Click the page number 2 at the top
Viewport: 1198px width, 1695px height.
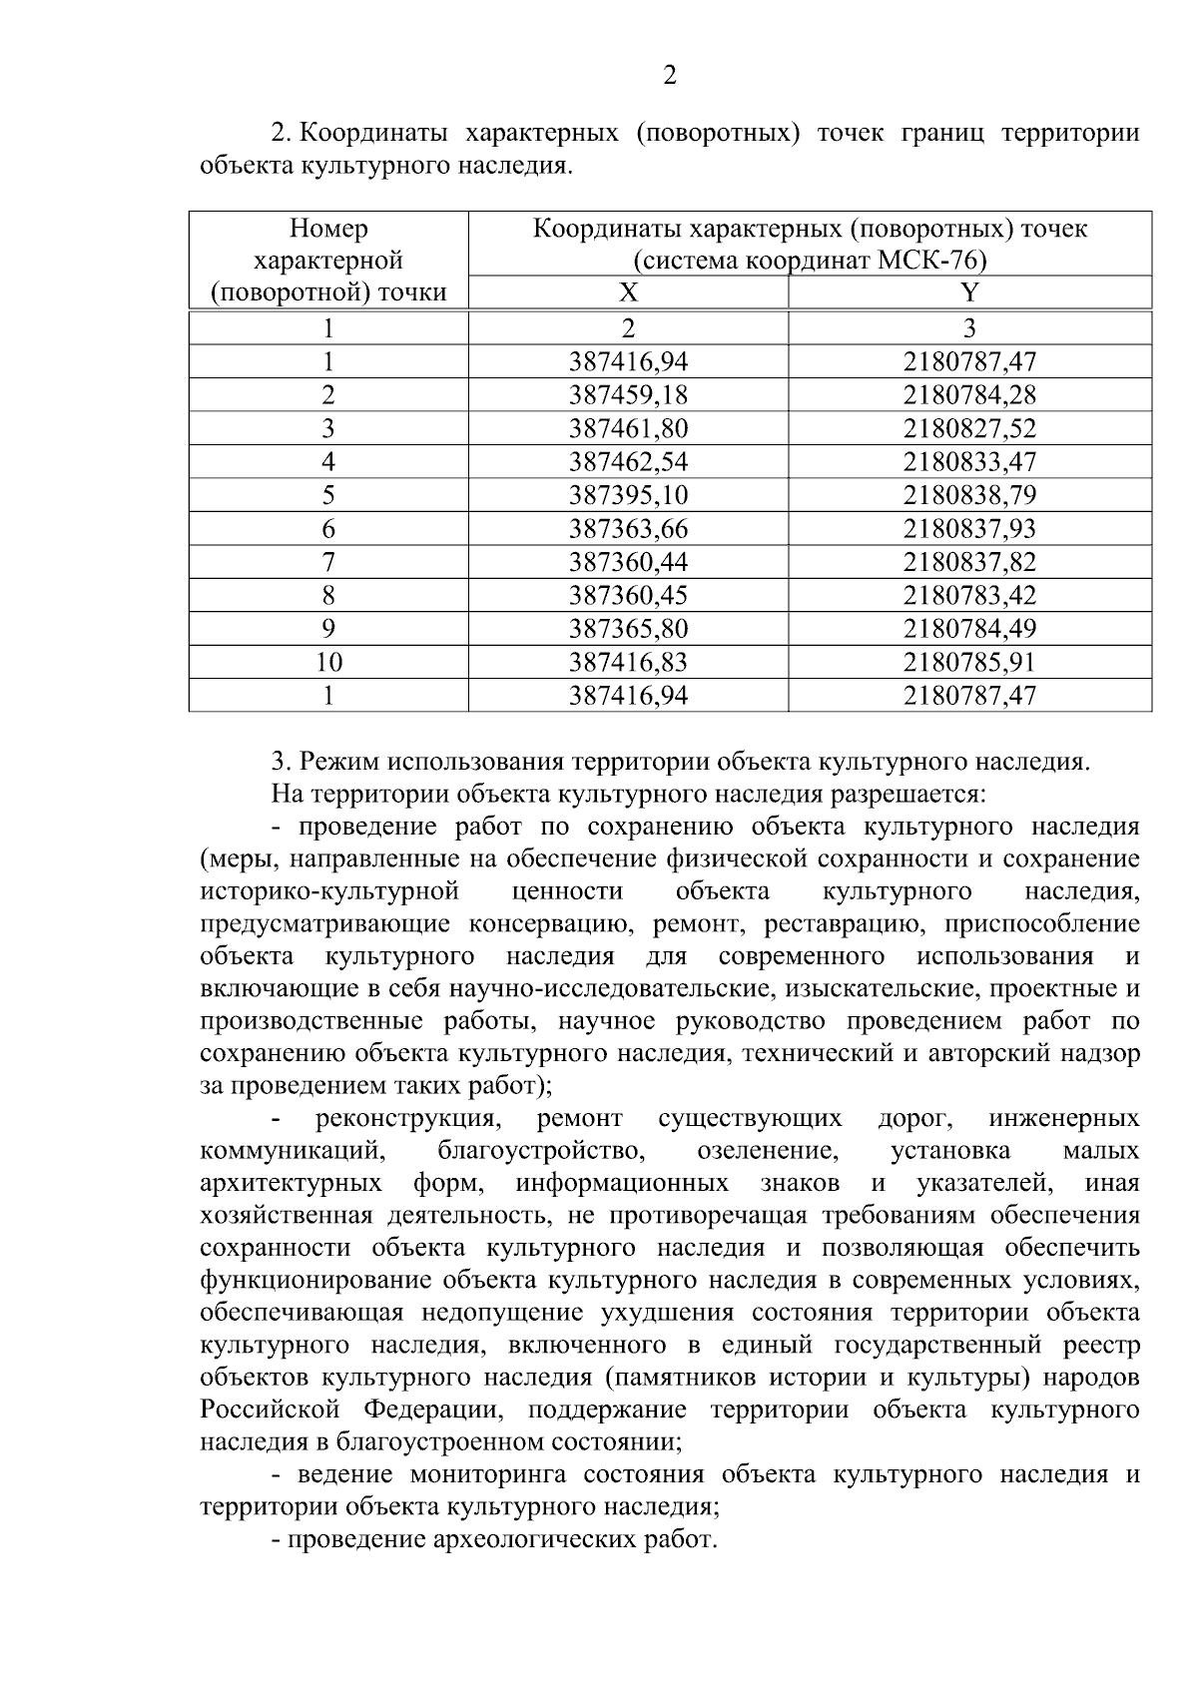(670, 76)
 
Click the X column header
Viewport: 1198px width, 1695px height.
(628, 292)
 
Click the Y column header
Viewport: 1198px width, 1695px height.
(969, 292)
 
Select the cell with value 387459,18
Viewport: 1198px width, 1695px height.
(628, 395)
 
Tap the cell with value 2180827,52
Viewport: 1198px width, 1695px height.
(969, 429)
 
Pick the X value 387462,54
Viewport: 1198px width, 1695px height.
(628, 462)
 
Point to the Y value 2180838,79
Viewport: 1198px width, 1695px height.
(969, 495)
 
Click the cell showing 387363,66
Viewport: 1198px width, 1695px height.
(628, 529)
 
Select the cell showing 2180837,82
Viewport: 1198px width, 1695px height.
(969, 562)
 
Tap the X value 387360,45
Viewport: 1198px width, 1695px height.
(628, 596)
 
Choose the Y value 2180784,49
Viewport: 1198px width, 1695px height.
(969, 629)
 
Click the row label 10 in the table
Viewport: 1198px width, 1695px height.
(328, 663)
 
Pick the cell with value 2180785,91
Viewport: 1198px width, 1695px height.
(969, 663)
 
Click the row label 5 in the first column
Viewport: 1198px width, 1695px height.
(328, 495)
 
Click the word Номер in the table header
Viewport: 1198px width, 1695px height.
(328, 229)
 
